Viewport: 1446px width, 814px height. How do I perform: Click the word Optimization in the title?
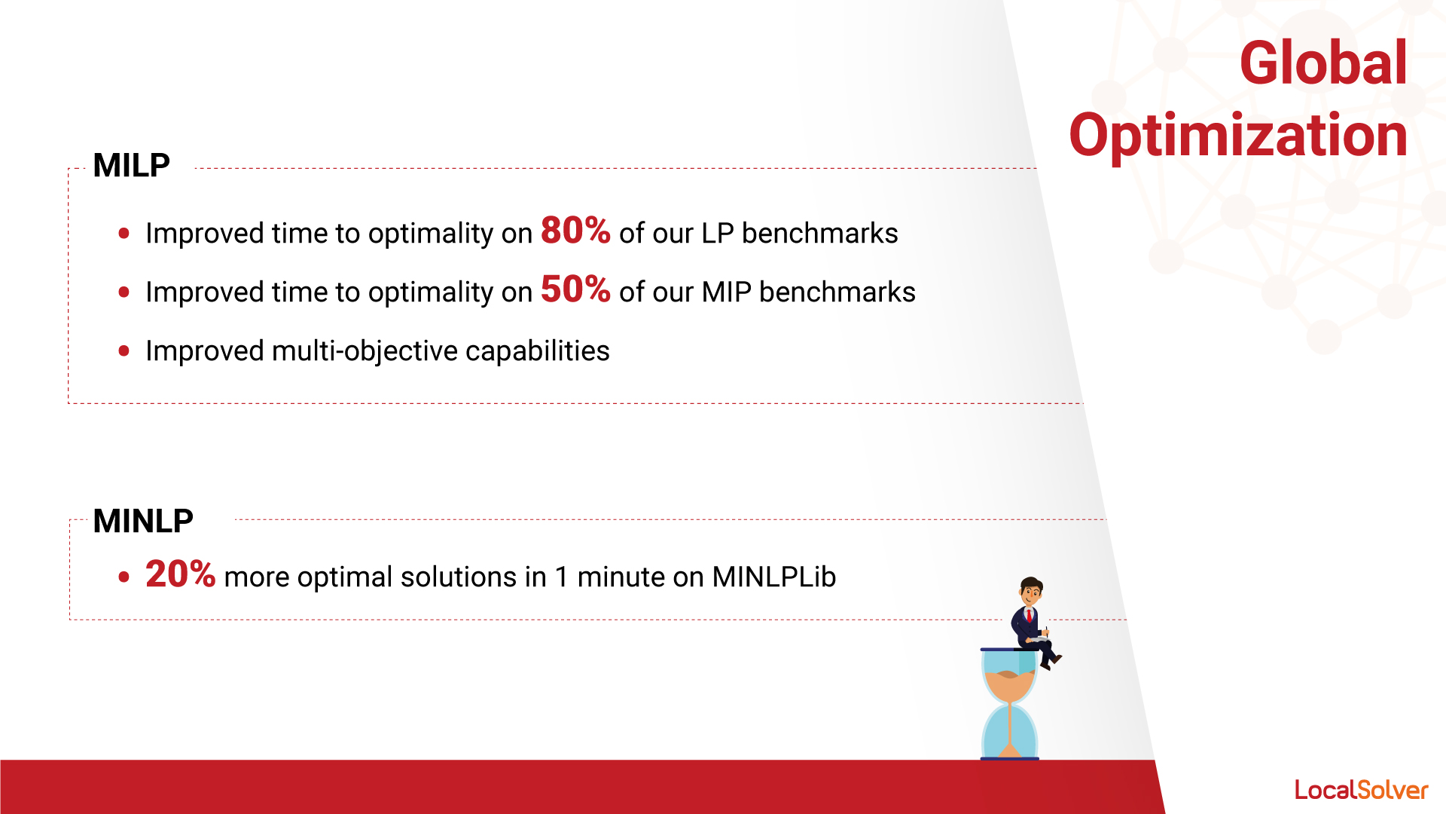point(1238,136)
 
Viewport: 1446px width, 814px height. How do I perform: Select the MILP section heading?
point(131,165)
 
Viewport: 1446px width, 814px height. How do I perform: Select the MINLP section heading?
point(143,521)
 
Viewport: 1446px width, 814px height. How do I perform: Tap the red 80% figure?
point(575,230)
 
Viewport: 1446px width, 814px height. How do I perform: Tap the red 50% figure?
point(575,289)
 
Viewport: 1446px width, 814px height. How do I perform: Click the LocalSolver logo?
point(1362,790)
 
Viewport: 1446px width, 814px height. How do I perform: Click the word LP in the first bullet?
point(718,234)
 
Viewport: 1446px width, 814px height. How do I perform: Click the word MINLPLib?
point(774,577)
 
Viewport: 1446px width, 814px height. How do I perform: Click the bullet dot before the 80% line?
point(124,234)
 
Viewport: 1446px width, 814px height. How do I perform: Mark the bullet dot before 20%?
point(124,577)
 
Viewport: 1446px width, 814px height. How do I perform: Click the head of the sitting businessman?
point(1031,590)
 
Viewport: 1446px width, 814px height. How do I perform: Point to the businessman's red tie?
point(1029,616)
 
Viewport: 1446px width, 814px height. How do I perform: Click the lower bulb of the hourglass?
point(1009,731)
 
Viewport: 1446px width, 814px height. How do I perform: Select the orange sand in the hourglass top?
point(1009,684)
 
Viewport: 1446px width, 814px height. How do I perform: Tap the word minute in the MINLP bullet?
point(621,577)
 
